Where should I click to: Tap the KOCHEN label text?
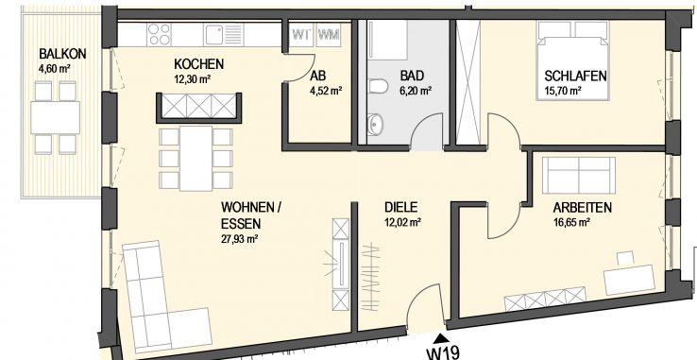point(198,63)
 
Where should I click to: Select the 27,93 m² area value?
point(240,239)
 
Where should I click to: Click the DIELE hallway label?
point(401,207)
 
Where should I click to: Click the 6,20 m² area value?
point(415,92)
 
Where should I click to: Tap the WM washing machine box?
point(328,36)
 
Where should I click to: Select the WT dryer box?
point(302,36)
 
